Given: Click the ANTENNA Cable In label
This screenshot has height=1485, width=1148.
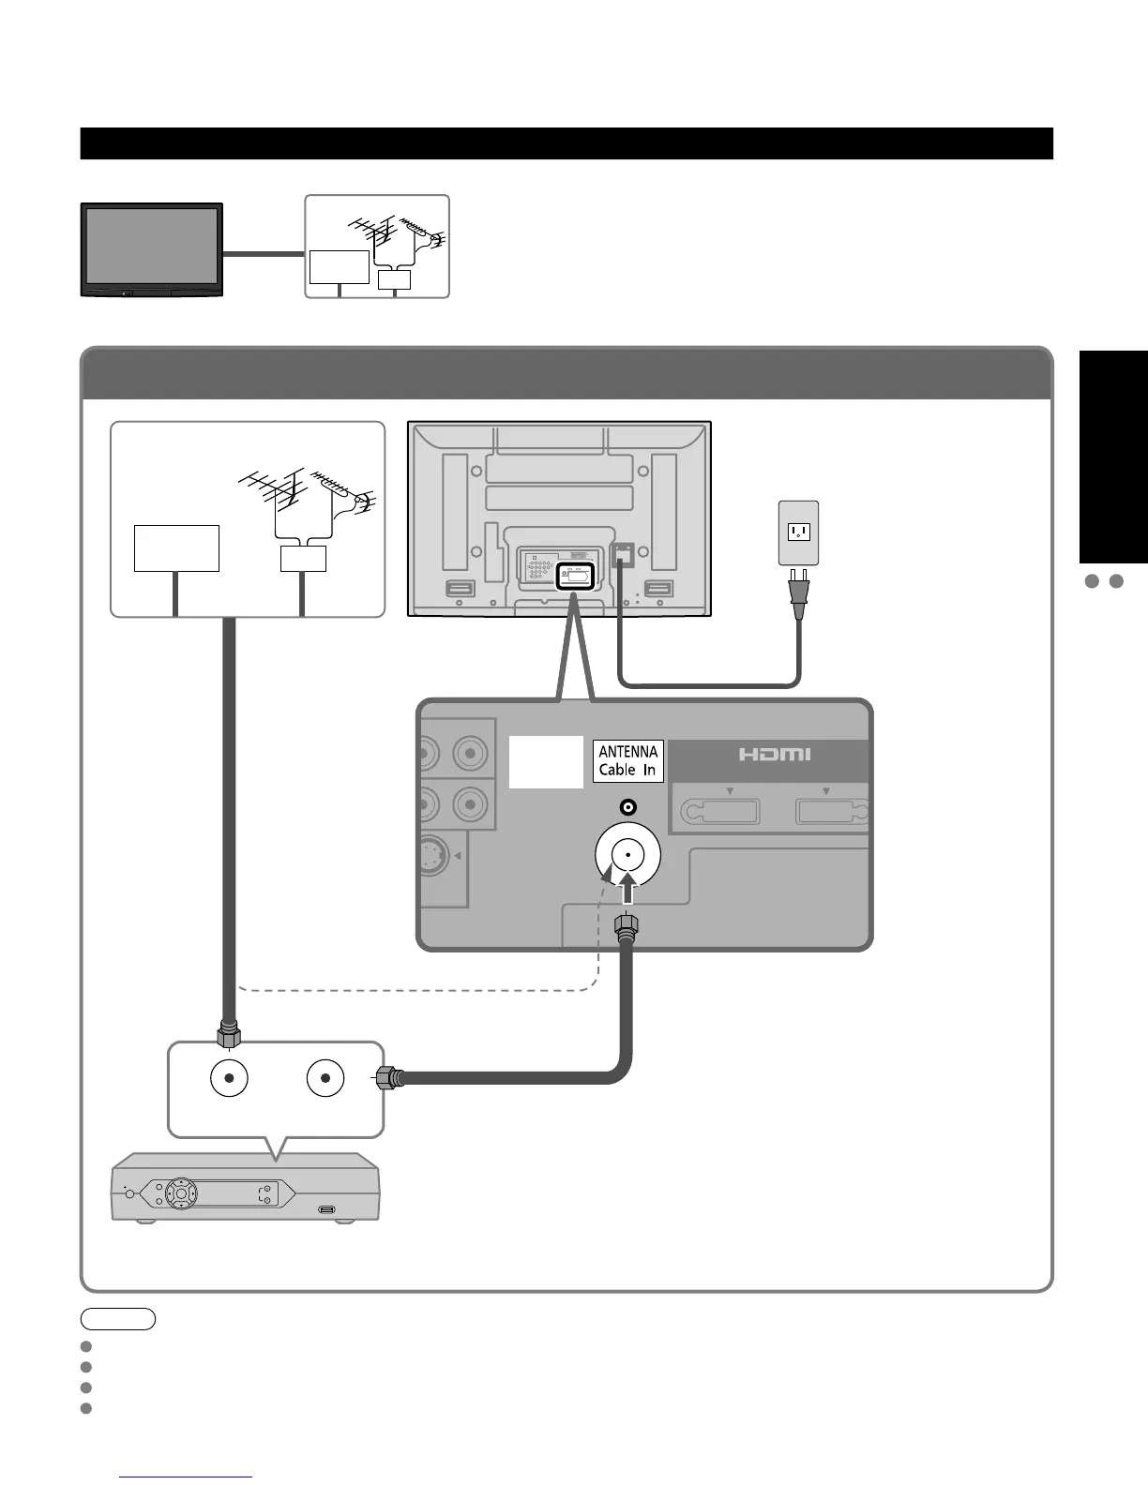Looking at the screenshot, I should [x=628, y=760].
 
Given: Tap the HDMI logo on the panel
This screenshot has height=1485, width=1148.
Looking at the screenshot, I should [x=774, y=754].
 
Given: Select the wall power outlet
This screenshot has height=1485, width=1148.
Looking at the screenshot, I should [x=798, y=532].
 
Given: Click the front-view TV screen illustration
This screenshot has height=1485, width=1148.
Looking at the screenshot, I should [x=152, y=248].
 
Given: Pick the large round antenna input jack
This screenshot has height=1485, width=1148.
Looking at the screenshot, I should [x=627, y=855].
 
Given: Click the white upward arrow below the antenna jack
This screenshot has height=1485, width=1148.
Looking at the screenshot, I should [x=627, y=887].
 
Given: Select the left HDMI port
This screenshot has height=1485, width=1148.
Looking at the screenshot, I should [x=719, y=810].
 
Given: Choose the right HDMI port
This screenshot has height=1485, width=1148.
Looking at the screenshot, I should [x=832, y=810].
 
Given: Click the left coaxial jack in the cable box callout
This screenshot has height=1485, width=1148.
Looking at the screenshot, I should [x=229, y=1078].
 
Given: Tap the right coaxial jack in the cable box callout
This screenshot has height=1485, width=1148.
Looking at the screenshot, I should [x=325, y=1078].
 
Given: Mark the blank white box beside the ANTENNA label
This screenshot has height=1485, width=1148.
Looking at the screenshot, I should [x=546, y=761].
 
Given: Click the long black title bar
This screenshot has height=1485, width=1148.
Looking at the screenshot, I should [x=566, y=143].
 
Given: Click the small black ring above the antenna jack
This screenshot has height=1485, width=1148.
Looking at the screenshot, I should [x=627, y=807].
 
